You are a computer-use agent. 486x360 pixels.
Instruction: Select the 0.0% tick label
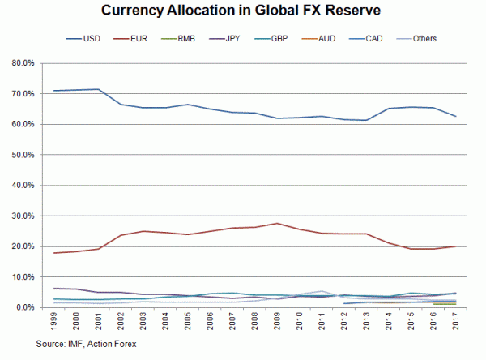23,308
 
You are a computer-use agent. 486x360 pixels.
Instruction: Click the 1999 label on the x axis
54,324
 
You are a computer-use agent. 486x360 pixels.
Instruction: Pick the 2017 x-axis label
457,324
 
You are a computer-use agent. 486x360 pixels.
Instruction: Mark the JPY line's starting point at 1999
54,289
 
